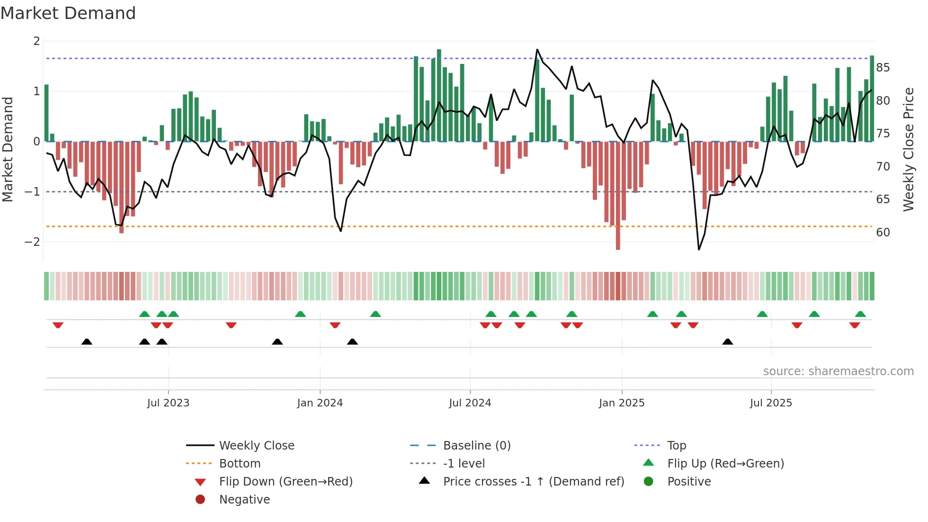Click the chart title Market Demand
[x=68, y=13]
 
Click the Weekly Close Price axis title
[x=908, y=149]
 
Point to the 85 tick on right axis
[x=883, y=68]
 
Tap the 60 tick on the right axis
[x=883, y=233]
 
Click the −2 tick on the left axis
[x=32, y=242]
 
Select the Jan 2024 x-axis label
[x=320, y=403]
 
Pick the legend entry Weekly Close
[x=256, y=446]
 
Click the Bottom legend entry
[x=240, y=464]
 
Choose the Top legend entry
[x=676, y=446]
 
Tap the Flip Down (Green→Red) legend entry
[x=286, y=482]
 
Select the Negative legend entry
[x=244, y=500]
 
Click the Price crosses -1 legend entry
[x=533, y=482]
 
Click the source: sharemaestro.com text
[x=838, y=371]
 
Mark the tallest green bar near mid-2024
[x=439, y=95]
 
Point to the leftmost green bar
[x=46, y=113]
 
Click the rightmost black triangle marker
[x=728, y=342]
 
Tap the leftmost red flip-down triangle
[x=58, y=325]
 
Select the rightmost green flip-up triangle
[x=860, y=314]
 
